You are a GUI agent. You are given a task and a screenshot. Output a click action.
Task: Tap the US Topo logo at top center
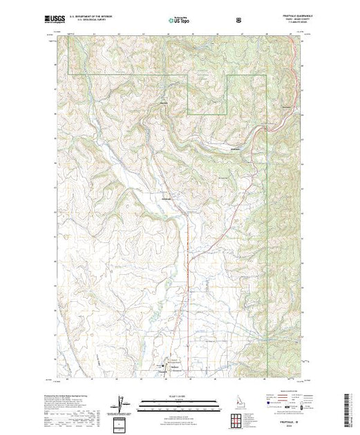[x=180, y=20]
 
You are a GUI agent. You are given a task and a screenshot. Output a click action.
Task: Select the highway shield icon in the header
[x=239, y=21]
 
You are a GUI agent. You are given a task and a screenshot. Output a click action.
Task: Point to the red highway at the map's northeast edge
[x=301, y=69]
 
